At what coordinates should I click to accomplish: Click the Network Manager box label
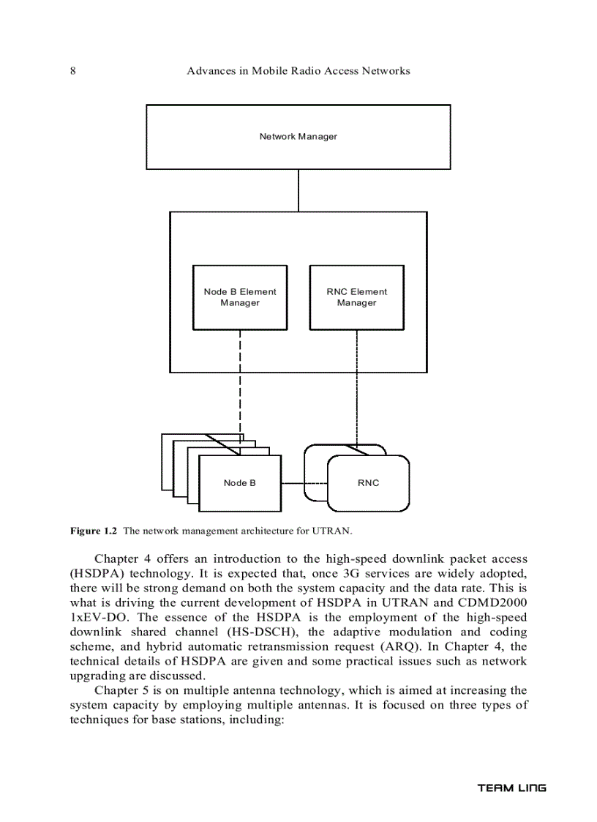click(x=298, y=137)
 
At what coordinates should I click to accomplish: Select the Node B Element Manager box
click(x=240, y=297)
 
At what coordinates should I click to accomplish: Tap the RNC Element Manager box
click(x=357, y=297)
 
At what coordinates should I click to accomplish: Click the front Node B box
click(x=240, y=483)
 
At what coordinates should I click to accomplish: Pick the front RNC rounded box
click(x=368, y=483)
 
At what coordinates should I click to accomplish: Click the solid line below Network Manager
click(x=298, y=190)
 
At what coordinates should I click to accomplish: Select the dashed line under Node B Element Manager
click(x=240, y=388)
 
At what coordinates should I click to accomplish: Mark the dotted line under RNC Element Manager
click(x=357, y=388)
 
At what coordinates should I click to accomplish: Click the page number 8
click(x=73, y=71)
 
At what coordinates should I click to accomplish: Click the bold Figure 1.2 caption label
click(x=94, y=530)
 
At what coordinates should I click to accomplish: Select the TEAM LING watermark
click(x=511, y=788)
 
